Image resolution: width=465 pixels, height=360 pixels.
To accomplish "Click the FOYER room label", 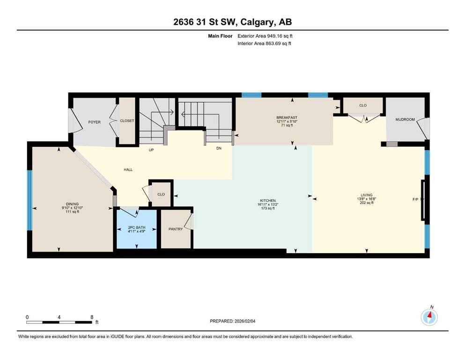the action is pyautogui.click(x=94, y=122).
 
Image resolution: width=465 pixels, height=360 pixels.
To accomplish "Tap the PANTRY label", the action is pyautogui.click(x=176, y=229).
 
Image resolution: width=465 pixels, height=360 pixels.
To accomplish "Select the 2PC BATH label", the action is pyautogui.click(x=137, y=227).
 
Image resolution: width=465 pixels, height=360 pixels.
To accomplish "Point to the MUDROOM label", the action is pyautogui.click(x=405, y=120).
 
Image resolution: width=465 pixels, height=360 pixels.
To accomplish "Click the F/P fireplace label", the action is pyautogui.click(x=415, y=199).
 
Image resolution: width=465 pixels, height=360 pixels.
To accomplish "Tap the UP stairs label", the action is pyautogui.click(x=151, y=150).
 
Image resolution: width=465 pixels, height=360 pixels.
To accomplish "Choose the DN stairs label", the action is pyautogui.click(x=219, y=149).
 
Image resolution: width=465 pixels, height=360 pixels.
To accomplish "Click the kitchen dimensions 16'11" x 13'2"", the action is pyautogui.click(x=268, y=204).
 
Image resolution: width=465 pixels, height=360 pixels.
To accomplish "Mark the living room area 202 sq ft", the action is pyautogui.click(x=367, y=202).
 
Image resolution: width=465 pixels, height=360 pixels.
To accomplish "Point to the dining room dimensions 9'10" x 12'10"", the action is pyautogui.click(x=73, y=208).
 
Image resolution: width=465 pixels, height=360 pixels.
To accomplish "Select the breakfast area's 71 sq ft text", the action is pyautogui.click(x=287, y=125).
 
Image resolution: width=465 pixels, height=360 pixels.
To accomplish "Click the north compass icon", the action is pyautogui.click(x=429, y=317).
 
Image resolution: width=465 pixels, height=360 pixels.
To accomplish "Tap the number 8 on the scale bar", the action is pyautogui.click(x=92, y=317).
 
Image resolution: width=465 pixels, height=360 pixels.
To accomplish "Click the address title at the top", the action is pyautogui.click(x=232, y=22).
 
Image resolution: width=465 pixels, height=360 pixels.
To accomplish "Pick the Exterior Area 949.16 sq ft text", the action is pyautogui.click(x=265, y=36).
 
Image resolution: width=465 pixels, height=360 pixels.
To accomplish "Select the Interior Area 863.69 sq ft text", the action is pyautogui.click(x=264, y=43).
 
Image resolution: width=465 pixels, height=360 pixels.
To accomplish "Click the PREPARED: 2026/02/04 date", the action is pyautogui.click(x=232, y=321).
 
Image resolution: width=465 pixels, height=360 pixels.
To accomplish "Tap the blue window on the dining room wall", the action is pyautogui.click(x=30, y=200).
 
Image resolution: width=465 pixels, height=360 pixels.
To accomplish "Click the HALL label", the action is pyautogui.click(x=128, y=170).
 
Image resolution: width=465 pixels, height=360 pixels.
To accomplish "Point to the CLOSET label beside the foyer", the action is pyautogui.click(x=127, y=121).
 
